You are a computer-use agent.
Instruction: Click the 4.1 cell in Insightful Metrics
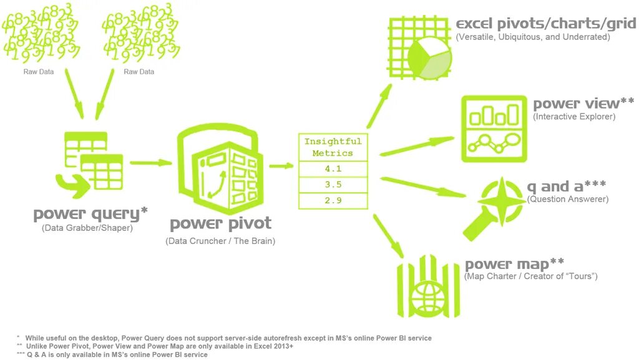tap(332, 169)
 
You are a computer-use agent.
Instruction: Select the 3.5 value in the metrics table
tap(332, 185)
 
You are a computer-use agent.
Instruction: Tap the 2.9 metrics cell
tap(332, 201)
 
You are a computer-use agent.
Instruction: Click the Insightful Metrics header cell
tap(332, 147)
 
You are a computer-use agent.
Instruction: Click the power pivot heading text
tap(220, 223)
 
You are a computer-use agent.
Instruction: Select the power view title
tap(583, 104)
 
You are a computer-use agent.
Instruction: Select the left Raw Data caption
tap(38, 72)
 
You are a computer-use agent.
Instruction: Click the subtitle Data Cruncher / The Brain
tap(220, 241)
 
